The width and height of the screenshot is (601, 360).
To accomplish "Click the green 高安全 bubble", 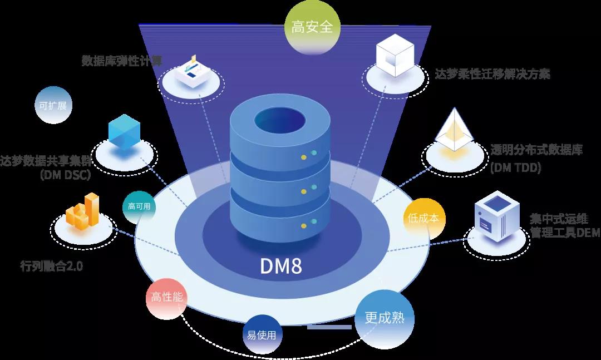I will [308, 27].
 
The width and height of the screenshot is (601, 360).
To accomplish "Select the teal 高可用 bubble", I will [139, 206].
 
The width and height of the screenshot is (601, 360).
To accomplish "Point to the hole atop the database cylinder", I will [280, 119].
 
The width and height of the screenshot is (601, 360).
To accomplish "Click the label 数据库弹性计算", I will [122, 60].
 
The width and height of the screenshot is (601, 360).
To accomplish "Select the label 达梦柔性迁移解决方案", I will [493, 74].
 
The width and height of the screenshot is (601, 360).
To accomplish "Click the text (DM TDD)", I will [516, 167].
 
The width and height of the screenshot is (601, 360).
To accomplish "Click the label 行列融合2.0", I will [51, 266].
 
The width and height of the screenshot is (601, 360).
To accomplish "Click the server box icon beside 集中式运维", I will [492, 216].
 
